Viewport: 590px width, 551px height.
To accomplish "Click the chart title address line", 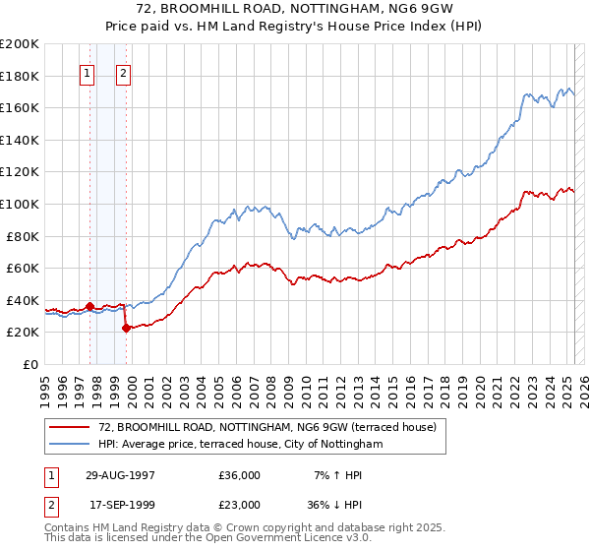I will [294, 10].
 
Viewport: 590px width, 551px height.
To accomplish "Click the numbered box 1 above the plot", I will [88, 73].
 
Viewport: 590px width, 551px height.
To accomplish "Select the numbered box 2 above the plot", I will [124, 73].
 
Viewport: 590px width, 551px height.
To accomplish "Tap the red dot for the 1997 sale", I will [90, 306].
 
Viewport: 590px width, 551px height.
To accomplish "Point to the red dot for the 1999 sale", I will [126, 328].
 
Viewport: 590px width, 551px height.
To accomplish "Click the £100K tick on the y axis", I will [21, 204].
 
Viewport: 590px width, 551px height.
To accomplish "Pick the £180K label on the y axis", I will [21, 75].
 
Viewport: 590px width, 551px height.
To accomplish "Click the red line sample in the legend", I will [70, 427].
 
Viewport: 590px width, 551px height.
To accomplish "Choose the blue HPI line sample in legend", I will [70, 444].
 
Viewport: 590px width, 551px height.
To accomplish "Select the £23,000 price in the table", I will [239, 505].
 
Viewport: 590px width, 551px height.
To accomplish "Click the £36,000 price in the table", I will [239, 475].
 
